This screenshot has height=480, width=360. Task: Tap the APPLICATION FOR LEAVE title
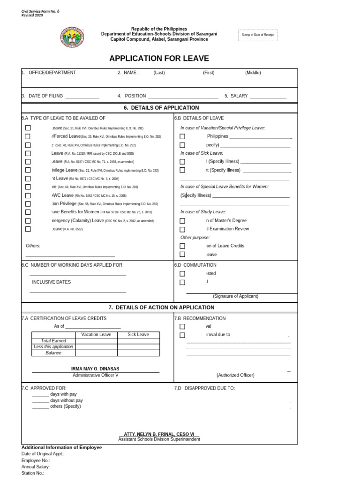click(x=159, y=59)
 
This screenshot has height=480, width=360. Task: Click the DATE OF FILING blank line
click(x=82, y=97)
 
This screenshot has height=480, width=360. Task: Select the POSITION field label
click(x=135, y=96)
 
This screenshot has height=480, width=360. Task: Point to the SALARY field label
click(x=239, y=96)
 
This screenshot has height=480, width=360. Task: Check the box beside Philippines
click(x=182, y=136)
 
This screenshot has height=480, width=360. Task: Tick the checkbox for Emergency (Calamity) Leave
click(x=28, y=221)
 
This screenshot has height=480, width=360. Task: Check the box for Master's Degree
click(x=182, y=221)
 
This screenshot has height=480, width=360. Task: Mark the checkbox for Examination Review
click(x=182, y=229)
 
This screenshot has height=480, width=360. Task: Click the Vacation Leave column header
click(x=96, y=334)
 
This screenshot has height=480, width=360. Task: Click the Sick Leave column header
click(x=138, y=334)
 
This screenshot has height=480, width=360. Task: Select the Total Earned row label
click(x=53, y=341)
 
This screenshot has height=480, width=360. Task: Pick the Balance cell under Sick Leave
click(x=138, y=353)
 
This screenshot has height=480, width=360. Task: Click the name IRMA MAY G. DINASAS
click(x=95, y=369)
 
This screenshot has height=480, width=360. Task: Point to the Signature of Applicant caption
click(x=235, y=296)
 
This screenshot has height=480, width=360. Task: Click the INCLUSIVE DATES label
click(x=51, y=282)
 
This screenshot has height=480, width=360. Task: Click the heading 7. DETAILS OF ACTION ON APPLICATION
click(x=161, y=307)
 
